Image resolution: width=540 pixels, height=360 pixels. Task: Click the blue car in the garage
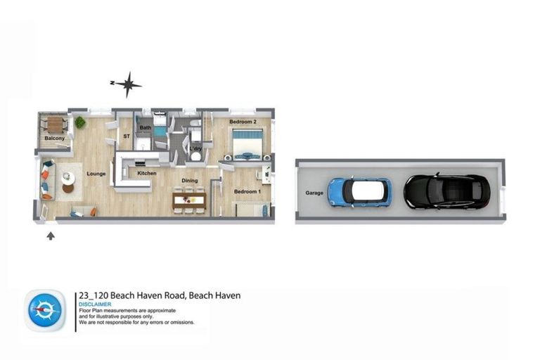pyautogui.click(x=359, y=191)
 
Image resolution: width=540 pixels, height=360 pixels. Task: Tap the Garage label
pyautogui.click(x=314, y=193)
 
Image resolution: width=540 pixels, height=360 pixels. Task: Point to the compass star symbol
pyautogui.click(x=128, y=84)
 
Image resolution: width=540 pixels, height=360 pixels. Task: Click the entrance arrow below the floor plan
pyautogui.click(x=51, y=236)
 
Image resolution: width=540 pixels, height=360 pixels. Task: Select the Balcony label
pyautogui.click(x=55, y=139)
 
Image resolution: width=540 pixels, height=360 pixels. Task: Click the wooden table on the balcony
pyautogui.click(x=55, y=124)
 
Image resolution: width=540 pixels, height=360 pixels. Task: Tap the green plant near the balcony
pyautogui.click(x=79, y=122)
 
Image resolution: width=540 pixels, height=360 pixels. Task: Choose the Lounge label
pyautogui.click(x=96, y=173)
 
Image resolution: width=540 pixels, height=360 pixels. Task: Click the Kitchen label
pyautogui.click(x=146, y=173)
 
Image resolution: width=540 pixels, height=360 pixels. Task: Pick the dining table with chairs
pyautogui.click(x=189, y=200)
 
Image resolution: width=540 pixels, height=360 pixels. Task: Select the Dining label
pyautogui.click(x=189, y=181)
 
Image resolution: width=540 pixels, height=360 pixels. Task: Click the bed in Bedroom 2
pyautogui.click(x=247, y=143)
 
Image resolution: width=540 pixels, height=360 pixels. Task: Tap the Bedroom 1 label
pyautogui.click(x=247, y=192)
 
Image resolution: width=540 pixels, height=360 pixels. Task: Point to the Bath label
pyautogui.click(x=146, y=128)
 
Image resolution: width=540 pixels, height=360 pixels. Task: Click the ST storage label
pyautogui.click(x=127, y=136)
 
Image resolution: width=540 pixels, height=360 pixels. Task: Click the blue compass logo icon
pyautogui.click(x=45, y=310)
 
